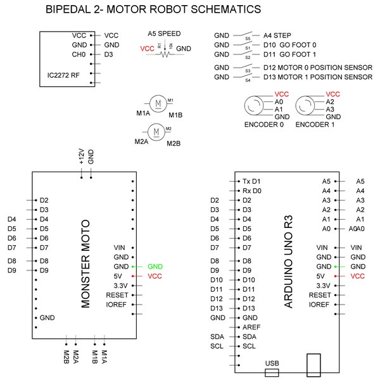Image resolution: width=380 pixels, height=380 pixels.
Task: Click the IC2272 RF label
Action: click(63, 75)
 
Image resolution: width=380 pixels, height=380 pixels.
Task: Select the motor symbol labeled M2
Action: click(156, 132)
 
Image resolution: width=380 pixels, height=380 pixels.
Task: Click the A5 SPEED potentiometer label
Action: click(164, 33)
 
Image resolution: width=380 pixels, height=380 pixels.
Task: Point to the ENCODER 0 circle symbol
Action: click(256, 105)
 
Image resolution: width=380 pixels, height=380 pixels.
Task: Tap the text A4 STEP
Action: click(277, 35)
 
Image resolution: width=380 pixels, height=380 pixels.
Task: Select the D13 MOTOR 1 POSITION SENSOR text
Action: click(317, 77)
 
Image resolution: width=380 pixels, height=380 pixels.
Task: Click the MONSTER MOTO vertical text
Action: click(87, 263)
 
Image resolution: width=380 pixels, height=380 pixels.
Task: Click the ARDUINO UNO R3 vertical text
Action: click(288, 262)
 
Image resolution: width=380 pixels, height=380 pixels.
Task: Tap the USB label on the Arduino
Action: click(272, 364)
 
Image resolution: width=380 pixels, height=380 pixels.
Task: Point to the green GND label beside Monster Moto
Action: click(155, 267)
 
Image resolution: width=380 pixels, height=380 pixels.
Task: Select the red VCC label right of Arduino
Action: click(358, 276)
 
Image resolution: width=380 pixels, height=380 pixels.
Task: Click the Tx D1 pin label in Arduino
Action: click(251, 180)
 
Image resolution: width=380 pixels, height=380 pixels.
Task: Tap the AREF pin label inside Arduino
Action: click(250, 327)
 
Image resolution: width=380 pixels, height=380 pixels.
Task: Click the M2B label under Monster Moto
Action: click(66, 357)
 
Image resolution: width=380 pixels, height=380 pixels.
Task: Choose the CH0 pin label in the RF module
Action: click(79, 54)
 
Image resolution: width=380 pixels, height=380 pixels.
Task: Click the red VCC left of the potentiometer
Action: click(147, 48)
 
